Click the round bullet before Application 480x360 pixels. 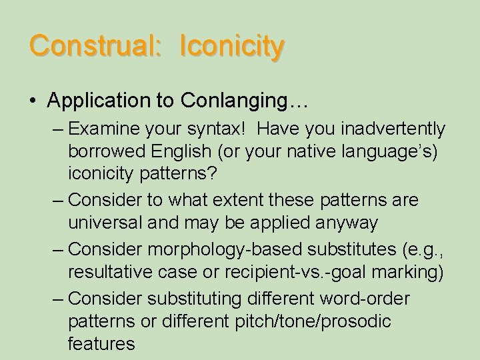pyautogui.click(x=33, y=101)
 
